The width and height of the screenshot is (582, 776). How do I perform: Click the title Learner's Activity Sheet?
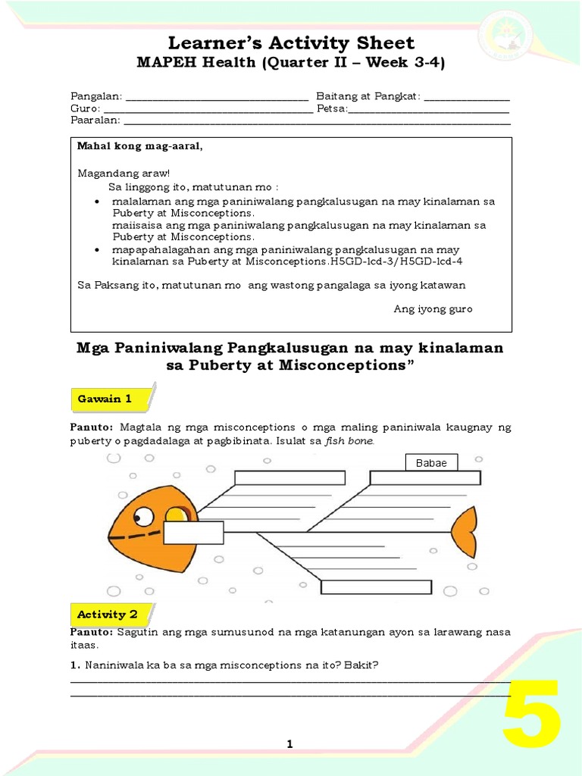pyautogui.click(x=290, y=42)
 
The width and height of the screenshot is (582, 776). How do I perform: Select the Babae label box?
pyautogui.click(x=431, y=462)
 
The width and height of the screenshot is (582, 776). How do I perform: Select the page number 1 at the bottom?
pyautogui.click(x=289, y=745)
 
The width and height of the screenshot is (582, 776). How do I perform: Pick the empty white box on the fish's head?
pyautogui.click(x=193, y=533)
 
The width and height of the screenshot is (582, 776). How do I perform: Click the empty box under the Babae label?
pyautogui.click(x=424, y=477)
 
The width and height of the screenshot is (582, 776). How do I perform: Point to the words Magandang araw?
pyautogui.click(x=124, y=174)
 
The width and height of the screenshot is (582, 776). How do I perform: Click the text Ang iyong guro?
pyautogui.click(x=433, y=309)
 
